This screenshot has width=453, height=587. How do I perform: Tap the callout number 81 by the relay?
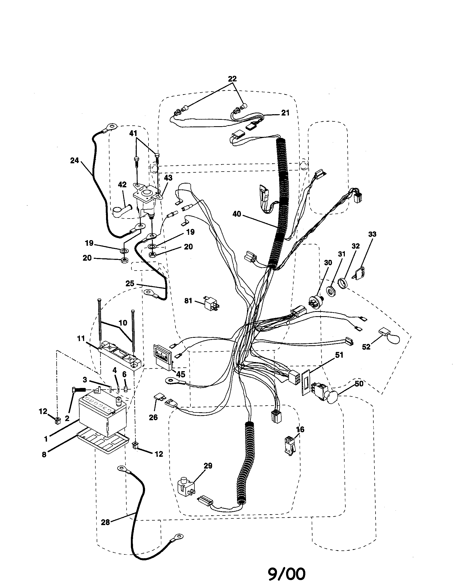[188, 300]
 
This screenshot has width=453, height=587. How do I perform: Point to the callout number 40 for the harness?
[237, 215]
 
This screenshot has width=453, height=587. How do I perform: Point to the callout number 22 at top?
[232, 79]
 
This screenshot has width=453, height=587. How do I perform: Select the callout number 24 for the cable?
[75, 160]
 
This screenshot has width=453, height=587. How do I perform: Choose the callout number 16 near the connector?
[300, 430]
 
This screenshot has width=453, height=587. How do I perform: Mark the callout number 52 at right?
[366, 347]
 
